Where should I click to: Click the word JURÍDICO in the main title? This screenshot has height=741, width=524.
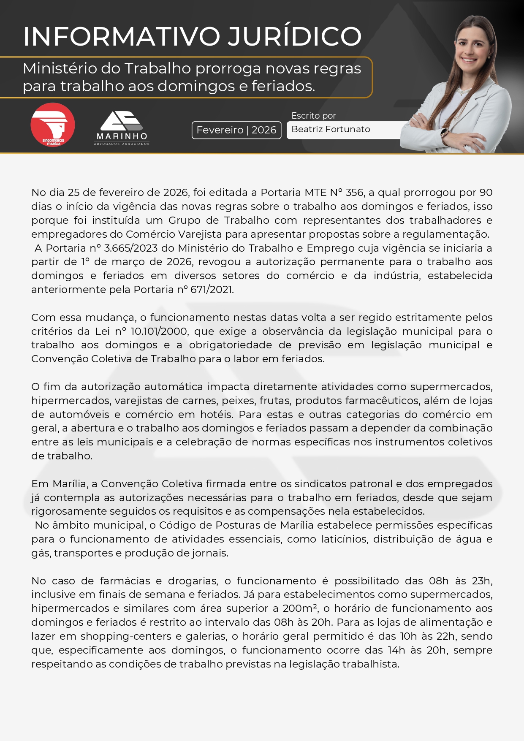(294, 36)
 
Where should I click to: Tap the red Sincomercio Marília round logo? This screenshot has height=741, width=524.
(53, 125)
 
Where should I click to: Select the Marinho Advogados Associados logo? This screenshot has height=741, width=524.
(122, 128)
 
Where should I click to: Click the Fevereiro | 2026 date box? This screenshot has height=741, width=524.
(236, 130)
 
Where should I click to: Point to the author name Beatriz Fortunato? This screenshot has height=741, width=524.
(331, 129)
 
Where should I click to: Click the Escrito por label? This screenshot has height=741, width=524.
(313, 116)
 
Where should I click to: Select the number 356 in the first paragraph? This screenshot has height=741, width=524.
(354, 193)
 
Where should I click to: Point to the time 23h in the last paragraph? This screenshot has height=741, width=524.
(482, 581)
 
